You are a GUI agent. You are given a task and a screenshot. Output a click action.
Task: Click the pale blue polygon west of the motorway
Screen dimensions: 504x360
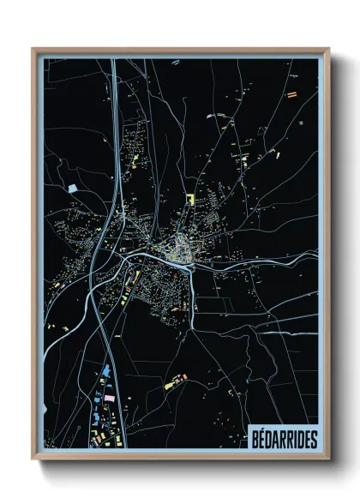pyautogui.click(x=72, y=187)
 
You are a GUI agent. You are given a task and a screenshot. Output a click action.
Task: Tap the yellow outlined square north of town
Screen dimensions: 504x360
pyautogui.click(x=190, y=199)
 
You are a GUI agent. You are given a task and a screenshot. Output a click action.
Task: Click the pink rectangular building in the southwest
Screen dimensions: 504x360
pyautogui.click(x=109, y=399)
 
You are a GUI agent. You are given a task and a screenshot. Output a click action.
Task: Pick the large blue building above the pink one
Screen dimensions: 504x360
pyautogui.click(x=106, y=371)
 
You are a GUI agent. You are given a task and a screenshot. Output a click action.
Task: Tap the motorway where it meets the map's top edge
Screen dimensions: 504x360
pyautogui.click(x=111, y=60)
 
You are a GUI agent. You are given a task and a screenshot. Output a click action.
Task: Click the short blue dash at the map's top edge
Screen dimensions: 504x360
pyautogui.click(x=175, y=62)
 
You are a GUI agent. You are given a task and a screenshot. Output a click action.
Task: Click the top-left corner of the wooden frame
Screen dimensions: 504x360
pyautogui.click(x=33, y=49)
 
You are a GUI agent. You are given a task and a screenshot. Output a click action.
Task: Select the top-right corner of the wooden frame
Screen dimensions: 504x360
pyautogui.click(x=328, y=49)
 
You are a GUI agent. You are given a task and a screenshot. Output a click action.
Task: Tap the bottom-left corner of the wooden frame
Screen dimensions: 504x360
pyautogui.click(x=33, y=459)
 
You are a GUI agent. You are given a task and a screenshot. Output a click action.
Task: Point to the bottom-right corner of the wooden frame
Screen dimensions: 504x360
pyautogui.click(x=328, y=459)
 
